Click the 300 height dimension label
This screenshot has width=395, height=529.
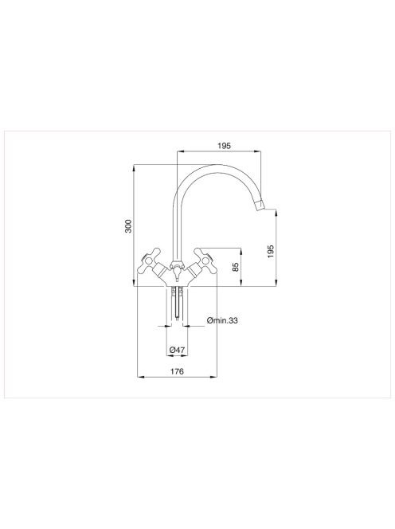tap(128, 225)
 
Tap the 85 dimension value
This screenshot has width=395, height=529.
tap(236, 267)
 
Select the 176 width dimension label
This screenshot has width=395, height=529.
tap(177, 371)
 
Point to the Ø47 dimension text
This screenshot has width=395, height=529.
tap(177, 350)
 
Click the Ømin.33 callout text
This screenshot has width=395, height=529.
tap(222, 320)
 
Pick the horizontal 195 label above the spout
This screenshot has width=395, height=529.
tap(224, 146)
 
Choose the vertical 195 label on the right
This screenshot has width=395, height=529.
tap(271, 252)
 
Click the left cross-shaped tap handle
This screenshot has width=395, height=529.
tap(149, 261)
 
